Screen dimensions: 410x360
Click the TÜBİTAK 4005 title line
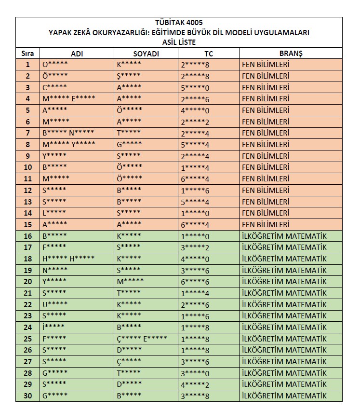click(x=179, y=23)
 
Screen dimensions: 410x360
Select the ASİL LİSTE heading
click(x=179, y=42)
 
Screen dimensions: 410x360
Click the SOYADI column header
click(x=146, y=54)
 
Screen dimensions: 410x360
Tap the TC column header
click(x=208, y=54)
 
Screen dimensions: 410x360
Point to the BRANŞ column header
click(x=291, y=54)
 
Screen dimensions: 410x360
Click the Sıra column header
click(x=27, y=54)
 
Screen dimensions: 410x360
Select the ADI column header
click(x=77, y=54)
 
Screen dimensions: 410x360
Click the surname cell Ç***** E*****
click(x=142, y=339)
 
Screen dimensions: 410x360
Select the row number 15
click(x=27, y=224)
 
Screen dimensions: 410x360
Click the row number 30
click(x=27, y=396)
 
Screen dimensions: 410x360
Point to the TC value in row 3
click(x=195, y=87)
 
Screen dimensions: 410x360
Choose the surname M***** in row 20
click(x=130, y=281)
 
